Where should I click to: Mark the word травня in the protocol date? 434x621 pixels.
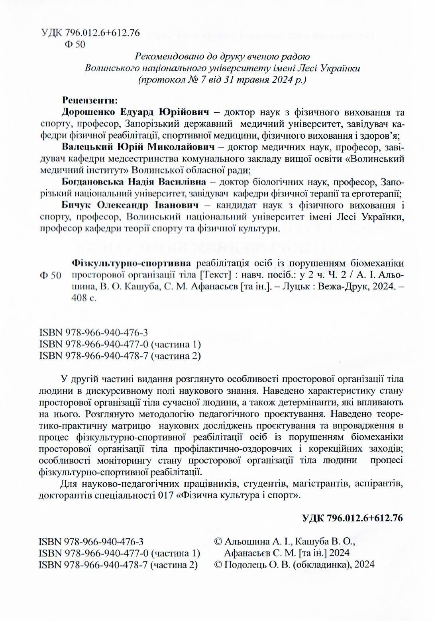click(256, 80)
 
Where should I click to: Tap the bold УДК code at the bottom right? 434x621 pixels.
click(353, 518)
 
